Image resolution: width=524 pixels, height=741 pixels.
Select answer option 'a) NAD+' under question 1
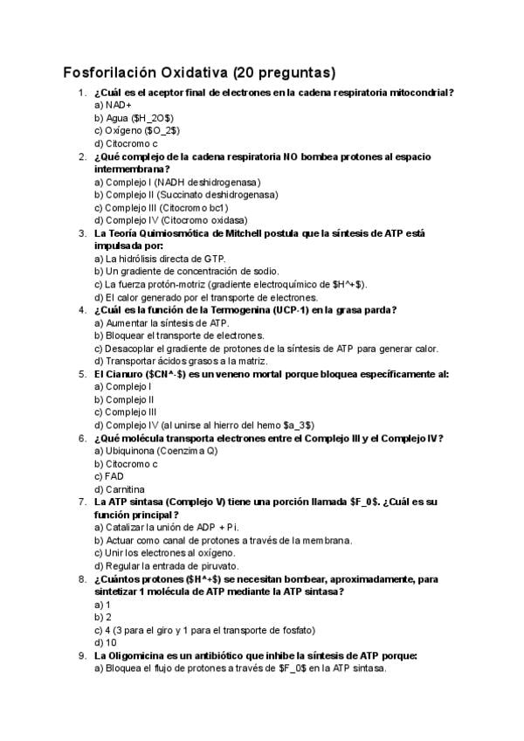point(112,104)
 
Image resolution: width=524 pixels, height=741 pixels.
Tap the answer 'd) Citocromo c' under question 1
point(125,142)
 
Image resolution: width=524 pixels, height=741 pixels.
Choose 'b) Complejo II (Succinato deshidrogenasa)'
point(185,195)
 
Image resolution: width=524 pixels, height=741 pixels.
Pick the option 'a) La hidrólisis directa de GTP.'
point(159,259)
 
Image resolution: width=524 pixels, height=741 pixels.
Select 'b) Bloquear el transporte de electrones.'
point(178,335)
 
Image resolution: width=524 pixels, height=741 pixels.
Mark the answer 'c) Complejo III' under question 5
point(125,412)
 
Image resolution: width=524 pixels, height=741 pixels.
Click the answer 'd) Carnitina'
point(119,488)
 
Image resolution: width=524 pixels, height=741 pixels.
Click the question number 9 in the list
point(81,655)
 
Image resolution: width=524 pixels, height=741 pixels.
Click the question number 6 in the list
point(81,438)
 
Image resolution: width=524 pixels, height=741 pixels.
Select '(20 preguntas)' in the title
point(284,72)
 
